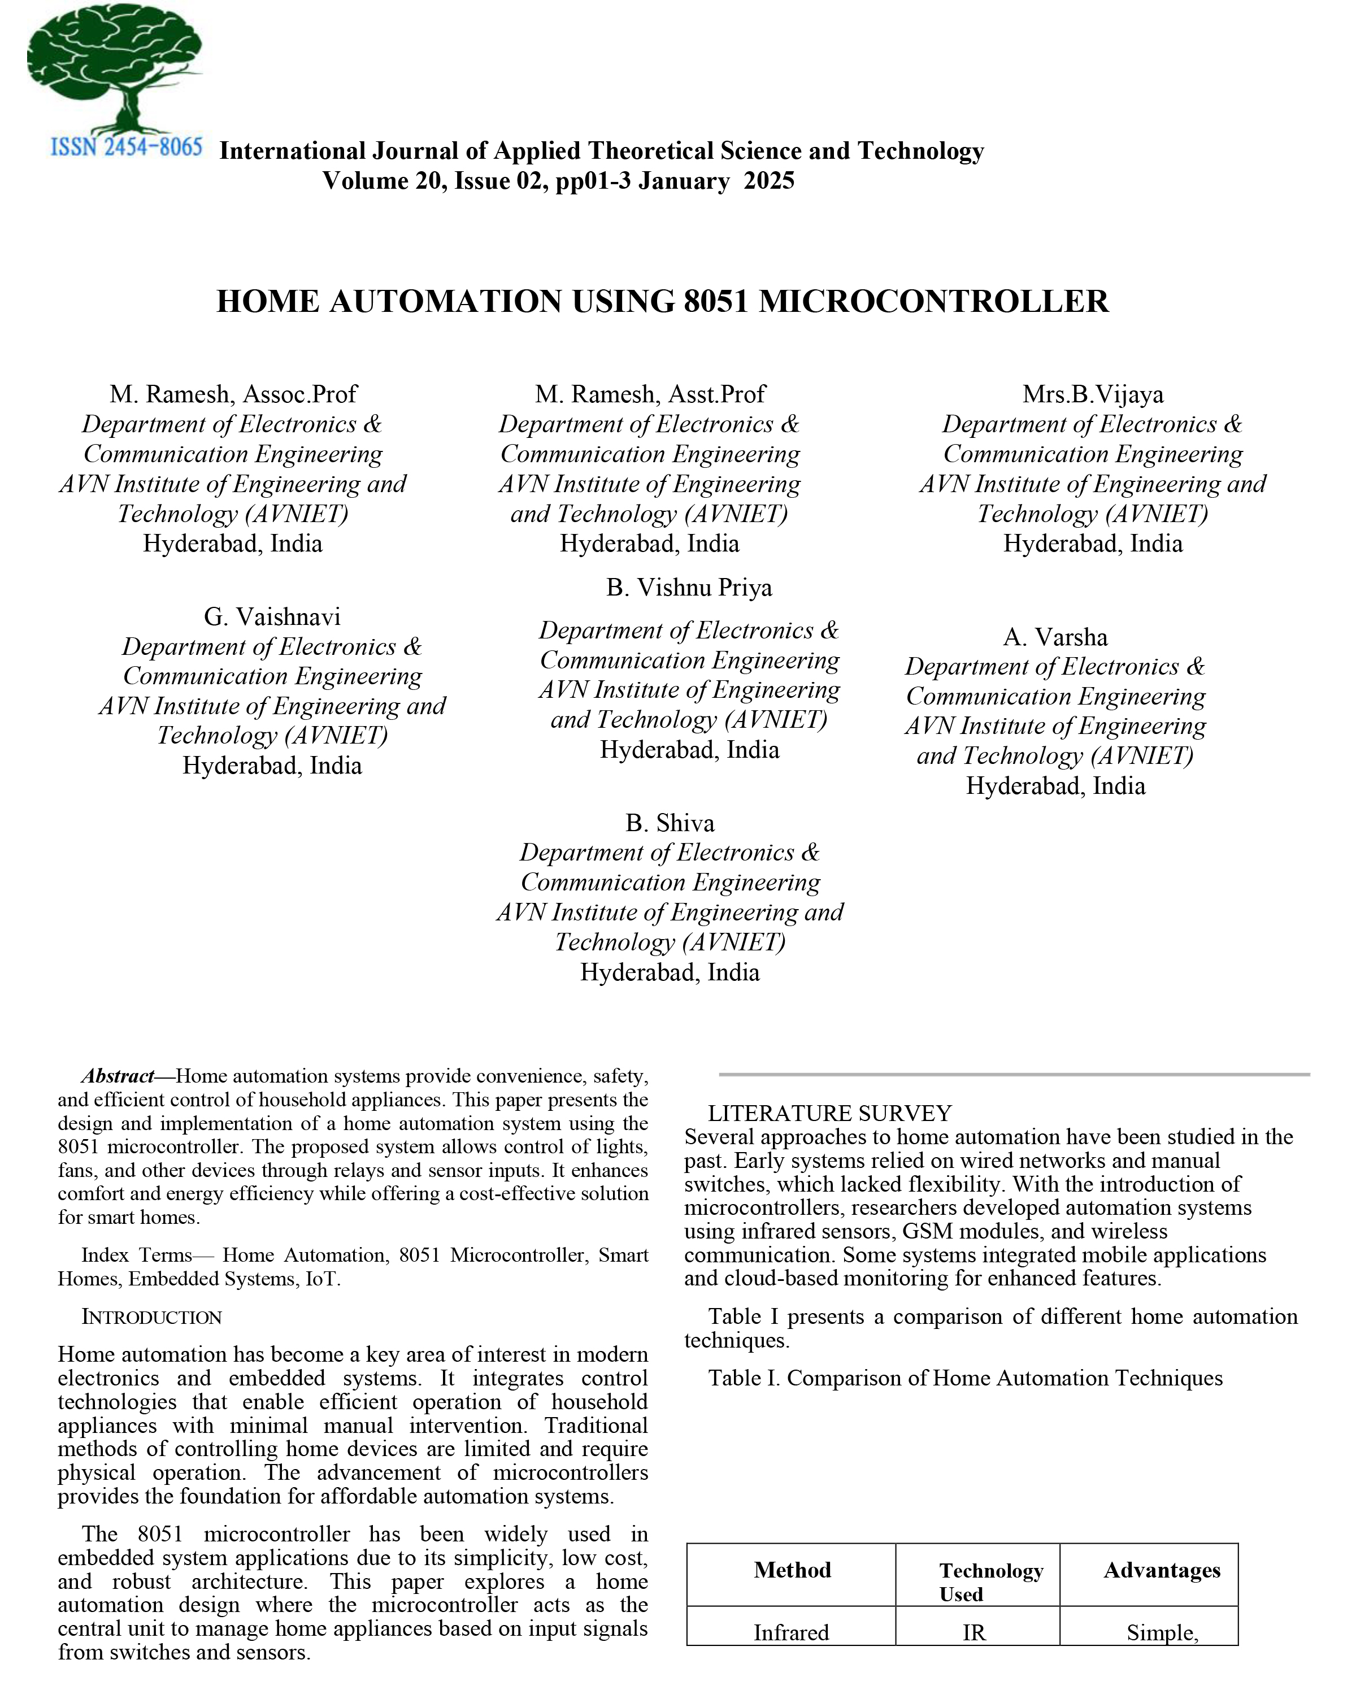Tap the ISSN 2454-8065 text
click(127, 147)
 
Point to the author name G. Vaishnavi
click(272, 617)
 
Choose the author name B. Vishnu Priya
click(689, 588)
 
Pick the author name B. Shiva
click(670, 823)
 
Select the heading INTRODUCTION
click(151, 1318)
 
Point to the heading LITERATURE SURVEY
click(829, 1113)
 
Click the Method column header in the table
click(792, 1570)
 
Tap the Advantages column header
click(1162, 1570)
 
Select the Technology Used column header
click(990, 1582)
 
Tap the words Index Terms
click(137, 1255)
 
